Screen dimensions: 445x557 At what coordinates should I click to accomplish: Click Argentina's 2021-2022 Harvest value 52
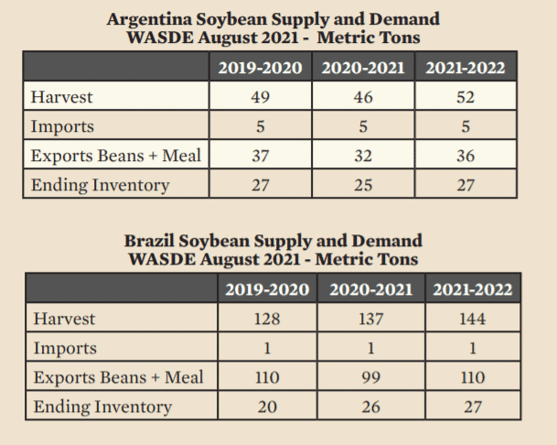click(x=466, y=97)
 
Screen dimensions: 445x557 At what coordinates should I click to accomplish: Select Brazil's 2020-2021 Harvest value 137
click(x=370, y=320)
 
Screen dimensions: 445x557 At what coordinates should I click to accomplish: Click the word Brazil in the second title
click(x=151, y=241)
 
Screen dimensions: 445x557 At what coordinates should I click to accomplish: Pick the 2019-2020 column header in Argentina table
click(x=260, y=67)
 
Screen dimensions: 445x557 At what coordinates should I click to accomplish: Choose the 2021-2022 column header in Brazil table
click(x=473, y=289)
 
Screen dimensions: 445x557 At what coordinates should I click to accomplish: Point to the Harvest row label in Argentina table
click(x=61, y=97)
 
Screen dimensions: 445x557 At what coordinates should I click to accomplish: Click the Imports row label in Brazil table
click(x=65, y=349)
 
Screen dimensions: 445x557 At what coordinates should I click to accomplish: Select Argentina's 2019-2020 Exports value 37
click(x=260, y=156)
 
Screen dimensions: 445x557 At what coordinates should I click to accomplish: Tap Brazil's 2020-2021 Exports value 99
click(x=370, y=377)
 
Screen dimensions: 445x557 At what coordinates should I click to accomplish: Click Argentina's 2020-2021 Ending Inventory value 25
click(x=363, y=185)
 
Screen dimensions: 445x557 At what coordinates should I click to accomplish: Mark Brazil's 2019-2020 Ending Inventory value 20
click(x=267, y=407)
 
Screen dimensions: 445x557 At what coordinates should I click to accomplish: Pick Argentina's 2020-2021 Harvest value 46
click(x=363, y=97)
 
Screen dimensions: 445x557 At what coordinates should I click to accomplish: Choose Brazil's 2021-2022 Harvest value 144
click(x=473, y=320)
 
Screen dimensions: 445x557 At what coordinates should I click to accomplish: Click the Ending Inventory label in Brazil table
click(x=102, y=407)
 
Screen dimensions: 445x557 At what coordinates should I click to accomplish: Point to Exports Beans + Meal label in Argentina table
click(x=115, y=156)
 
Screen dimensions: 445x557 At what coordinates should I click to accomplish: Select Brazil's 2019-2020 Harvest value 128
click(x=267, y=320)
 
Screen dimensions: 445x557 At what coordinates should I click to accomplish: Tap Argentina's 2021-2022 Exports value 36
click(x=466, y=156)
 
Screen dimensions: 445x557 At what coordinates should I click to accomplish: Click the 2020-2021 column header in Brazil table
click(x=370, y=289)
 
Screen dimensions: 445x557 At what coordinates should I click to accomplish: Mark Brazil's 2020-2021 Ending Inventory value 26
click(x=370, y=407)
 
